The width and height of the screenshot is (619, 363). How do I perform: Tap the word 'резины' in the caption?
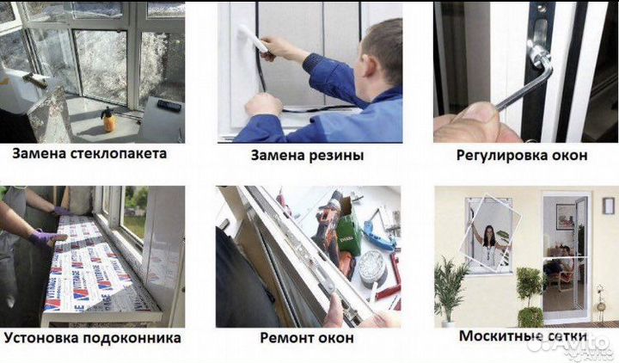(x=335, y=156)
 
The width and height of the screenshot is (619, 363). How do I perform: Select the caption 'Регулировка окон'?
(x=523, y=156)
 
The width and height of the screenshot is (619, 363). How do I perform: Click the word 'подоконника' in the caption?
(x=136, y=337)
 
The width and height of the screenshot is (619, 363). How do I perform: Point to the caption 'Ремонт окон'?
(x=307, y=338)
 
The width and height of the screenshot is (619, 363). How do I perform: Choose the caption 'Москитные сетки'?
(x=523, y=335)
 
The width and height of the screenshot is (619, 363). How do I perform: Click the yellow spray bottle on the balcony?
(x=110, y=119)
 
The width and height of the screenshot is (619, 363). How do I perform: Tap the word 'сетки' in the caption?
(x=562, y=335)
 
